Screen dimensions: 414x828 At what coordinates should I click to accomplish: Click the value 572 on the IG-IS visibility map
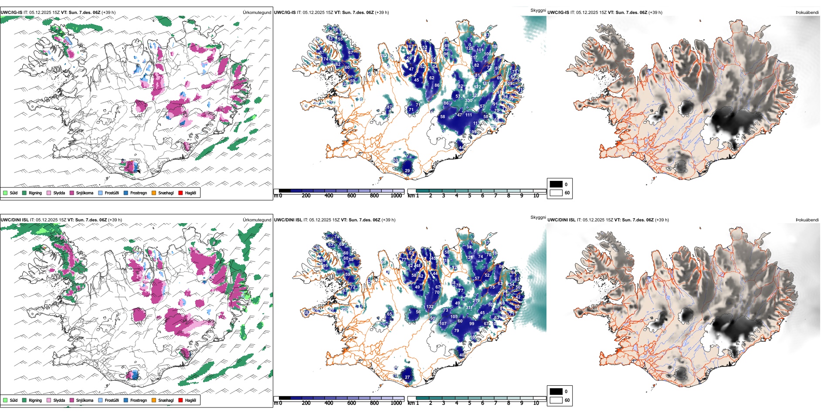[x=478, y=87]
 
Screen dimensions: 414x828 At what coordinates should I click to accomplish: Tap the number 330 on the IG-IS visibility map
[x=468, y=101]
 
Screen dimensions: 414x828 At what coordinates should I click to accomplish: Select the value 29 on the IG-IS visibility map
[x=407, y=171]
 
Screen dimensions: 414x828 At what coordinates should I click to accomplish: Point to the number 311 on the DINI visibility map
[x=469, y=308]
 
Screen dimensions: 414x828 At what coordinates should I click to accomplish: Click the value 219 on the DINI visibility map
[x=476, y=301]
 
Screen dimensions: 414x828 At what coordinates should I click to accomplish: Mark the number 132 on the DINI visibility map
[x=430, y=307]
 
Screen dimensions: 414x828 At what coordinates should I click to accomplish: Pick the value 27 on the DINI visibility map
[x=407, y=377]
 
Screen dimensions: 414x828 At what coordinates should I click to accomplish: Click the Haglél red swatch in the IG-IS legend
[x=180, y=193]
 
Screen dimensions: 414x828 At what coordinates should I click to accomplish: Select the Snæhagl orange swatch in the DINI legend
[x=154, y=400]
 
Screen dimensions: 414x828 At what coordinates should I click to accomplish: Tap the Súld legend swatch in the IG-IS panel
[x=5, y=193]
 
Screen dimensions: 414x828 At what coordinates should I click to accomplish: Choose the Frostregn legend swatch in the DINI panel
[x=126, y=400]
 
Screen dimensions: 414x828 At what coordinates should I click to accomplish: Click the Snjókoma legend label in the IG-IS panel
[x=85, y=193]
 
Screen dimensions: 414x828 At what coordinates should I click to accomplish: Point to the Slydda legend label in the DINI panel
[x=59, y=400]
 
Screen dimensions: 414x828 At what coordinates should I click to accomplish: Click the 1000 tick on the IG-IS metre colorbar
[x=396, y=196]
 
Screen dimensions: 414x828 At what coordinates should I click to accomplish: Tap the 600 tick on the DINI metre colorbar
[x=351, y=403]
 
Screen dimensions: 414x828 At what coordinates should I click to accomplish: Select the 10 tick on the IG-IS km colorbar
[x=536, y=196]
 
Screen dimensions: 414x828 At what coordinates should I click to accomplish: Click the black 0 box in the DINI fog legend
[x=556, y=391]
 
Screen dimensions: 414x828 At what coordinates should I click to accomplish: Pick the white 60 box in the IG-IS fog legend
[x=556, y=193]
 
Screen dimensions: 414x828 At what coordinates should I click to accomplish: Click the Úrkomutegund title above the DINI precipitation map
[x=257, y=220]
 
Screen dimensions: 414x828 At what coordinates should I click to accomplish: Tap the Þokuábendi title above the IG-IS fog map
[x=807, y=13]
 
